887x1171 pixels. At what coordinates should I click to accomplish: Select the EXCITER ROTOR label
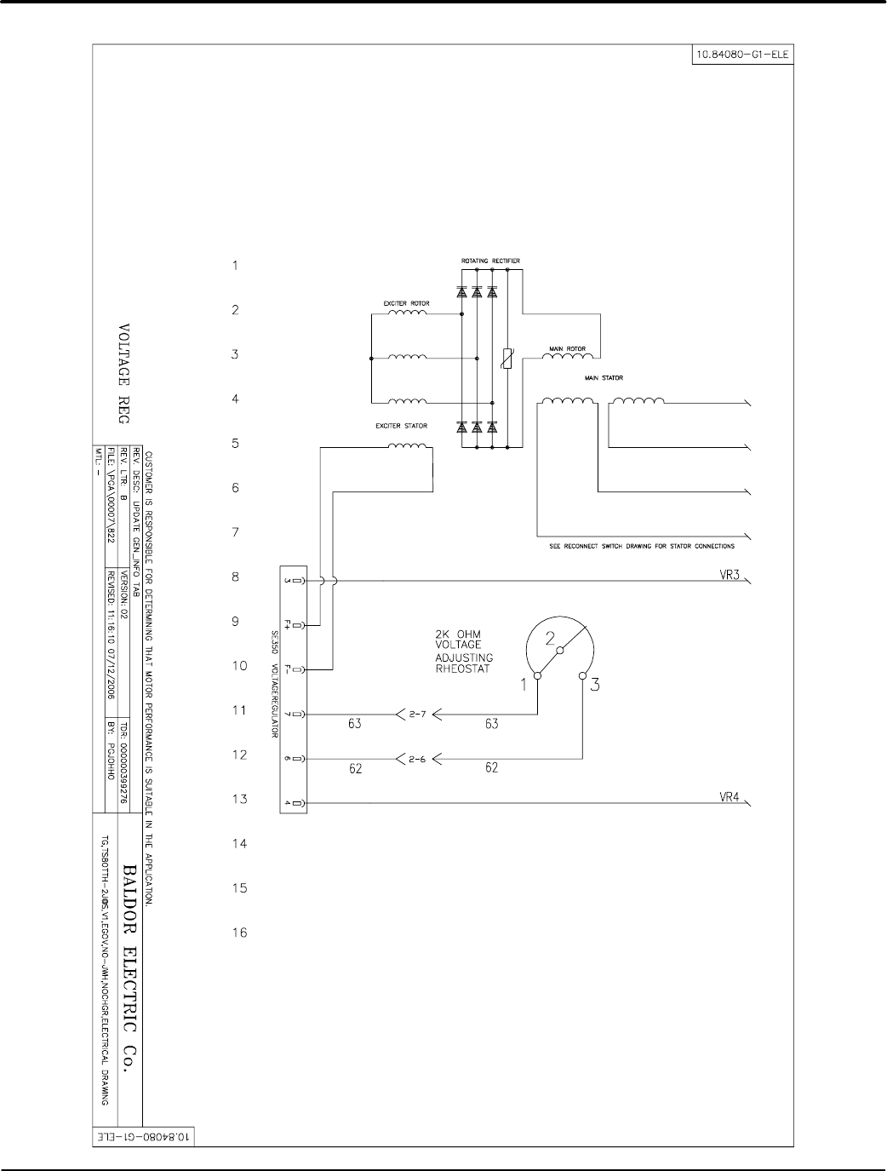pos(408,302)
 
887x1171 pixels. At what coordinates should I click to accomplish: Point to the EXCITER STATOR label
pos(402,425)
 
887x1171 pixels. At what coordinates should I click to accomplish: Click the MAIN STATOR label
pos(603,378)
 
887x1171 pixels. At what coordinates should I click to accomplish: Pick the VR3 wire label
pos(730,574)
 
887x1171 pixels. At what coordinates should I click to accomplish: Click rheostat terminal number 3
pos(595,683)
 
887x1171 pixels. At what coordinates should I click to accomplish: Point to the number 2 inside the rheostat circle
pos(550,638)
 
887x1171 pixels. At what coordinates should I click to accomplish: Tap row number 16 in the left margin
pos(240,933)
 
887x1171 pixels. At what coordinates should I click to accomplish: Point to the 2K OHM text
pos(458,634)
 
